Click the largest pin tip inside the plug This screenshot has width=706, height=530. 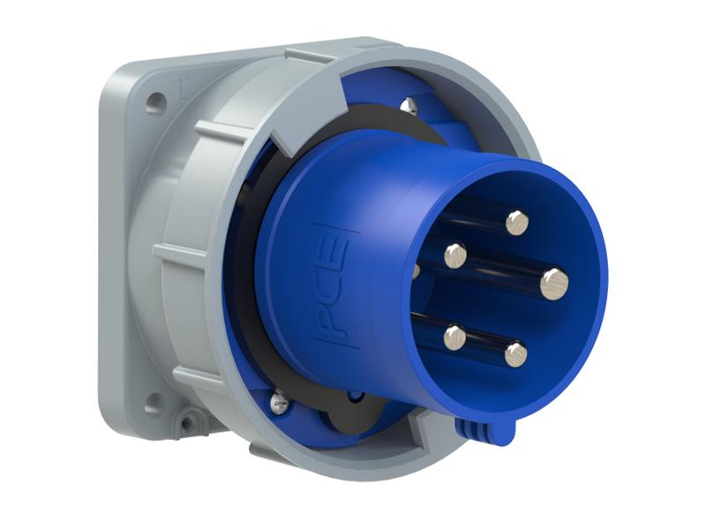point(554,284)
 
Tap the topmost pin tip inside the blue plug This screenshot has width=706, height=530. point(516,222)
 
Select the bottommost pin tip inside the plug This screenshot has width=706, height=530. point(515,354)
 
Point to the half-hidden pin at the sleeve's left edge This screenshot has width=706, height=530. point(416,270)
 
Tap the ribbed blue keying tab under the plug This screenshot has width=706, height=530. point(484,429)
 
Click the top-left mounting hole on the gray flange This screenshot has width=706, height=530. point(155,103)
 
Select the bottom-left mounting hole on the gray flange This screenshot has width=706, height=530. point(153,405)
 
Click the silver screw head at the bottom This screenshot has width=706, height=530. point(280,402)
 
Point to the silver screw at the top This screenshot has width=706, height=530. point(408,107)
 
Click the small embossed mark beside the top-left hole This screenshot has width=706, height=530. point(183,86)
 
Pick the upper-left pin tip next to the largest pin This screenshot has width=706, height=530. point(454,256)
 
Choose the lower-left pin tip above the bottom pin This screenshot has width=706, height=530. point(454,337)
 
